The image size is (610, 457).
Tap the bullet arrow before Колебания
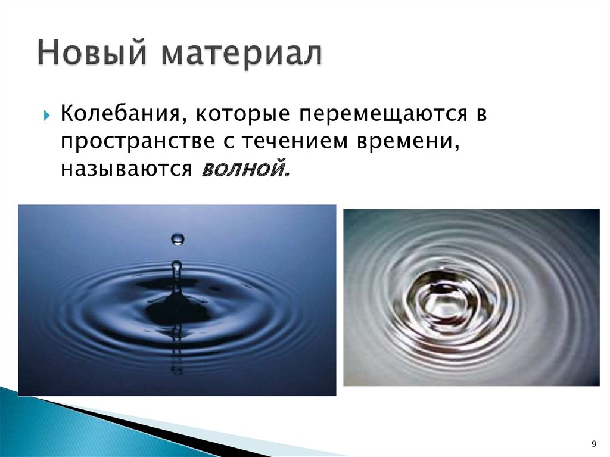click(x=46, y=114)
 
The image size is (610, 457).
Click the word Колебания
click(x=119, y=113)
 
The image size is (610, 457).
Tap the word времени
click(x=411, y=142)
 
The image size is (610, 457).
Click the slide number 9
click(x=593, y=443)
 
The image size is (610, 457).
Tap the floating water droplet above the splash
click(x=178, y=240)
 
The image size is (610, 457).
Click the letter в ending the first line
click(x=481, y=114)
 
